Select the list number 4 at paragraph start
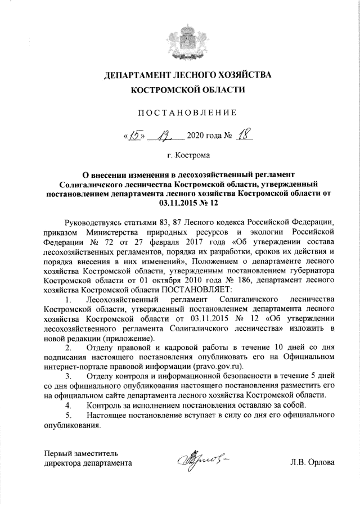(68, 406)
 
